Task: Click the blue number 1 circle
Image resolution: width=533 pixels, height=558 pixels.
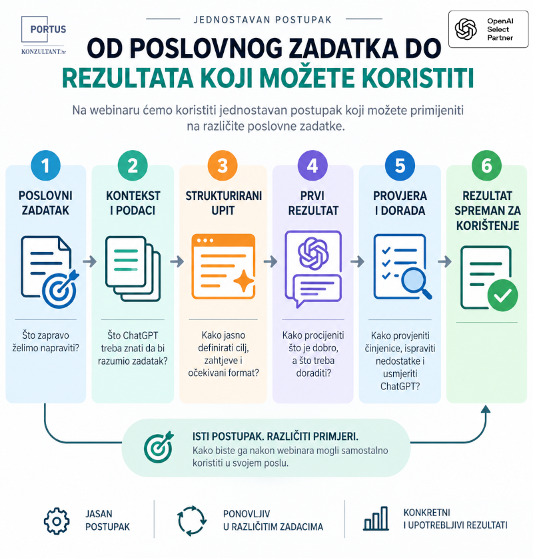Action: point(45,165)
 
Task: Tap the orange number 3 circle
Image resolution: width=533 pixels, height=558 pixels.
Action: point(223,165)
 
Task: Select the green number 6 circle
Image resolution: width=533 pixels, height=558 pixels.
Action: point(486,165)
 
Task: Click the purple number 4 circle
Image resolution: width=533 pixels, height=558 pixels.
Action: point(312,165)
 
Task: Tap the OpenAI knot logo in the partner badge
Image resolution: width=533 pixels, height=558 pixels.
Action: point(466,29)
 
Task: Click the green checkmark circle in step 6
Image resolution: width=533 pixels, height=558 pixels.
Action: point(502,295)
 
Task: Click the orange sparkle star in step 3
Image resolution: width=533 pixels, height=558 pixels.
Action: point(244,281)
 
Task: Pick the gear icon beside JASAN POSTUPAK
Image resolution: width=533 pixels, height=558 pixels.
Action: point(57,521)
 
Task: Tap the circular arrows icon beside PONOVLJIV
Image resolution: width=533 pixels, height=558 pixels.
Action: point(192,521)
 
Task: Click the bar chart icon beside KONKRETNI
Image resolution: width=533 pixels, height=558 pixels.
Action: point(376,519)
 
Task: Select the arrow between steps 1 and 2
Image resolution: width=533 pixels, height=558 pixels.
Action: point(89,261)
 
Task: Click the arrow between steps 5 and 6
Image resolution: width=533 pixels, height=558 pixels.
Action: point(444,261)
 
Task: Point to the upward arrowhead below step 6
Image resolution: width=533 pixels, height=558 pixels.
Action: point(485,409)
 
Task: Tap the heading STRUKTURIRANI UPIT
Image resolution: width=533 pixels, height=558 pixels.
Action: point(223,203)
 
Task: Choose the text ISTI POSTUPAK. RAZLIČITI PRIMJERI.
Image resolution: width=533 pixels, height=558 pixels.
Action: point(275,436)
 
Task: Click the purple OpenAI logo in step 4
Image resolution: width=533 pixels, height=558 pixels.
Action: point(313,253)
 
